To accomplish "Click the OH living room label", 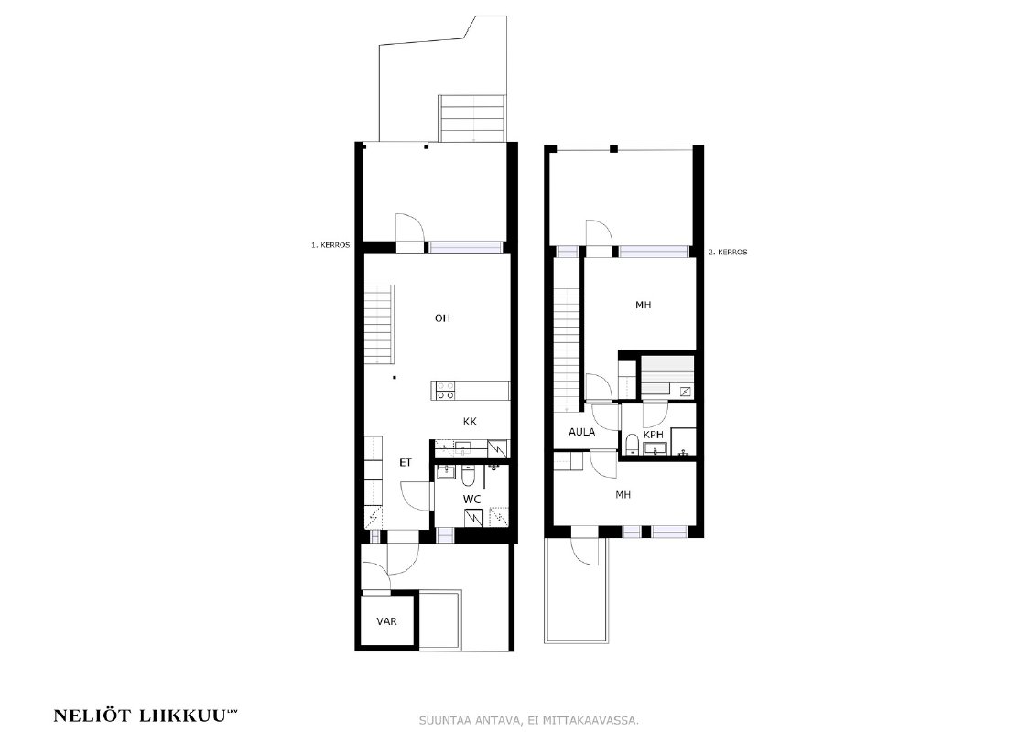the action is [442, 318].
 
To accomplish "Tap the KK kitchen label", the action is [470, 421].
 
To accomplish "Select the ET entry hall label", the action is [406, 463].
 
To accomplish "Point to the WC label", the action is [472, 499].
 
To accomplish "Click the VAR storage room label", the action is [387, 621].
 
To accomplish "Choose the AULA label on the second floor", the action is [581, 432].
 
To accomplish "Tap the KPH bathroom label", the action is [653, 434].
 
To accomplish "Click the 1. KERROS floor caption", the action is [330, 245].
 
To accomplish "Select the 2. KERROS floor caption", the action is [728, 252].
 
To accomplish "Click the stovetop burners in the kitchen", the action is [445, 390].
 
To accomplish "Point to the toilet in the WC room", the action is [468, 477].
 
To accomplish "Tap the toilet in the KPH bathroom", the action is [632, 444].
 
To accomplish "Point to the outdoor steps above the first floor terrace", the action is [472, 118].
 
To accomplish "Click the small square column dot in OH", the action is [394, 377].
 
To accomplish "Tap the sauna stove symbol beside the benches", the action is [686, 392].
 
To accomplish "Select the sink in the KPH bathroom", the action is [654, 447].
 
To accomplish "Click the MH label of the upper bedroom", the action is [643, 305].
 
